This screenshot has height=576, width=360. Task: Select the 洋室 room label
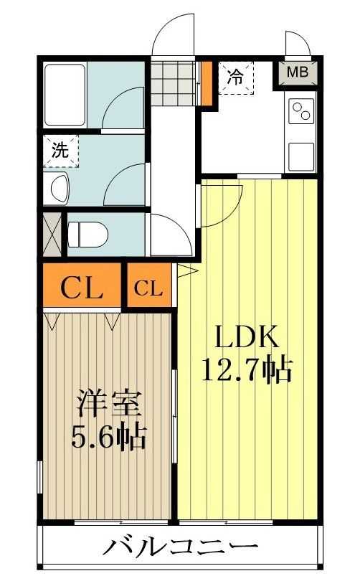(x=110, y=404)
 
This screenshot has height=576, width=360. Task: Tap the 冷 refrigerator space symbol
(x=235, y=75)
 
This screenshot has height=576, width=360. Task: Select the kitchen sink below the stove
(x=301, y=153)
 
